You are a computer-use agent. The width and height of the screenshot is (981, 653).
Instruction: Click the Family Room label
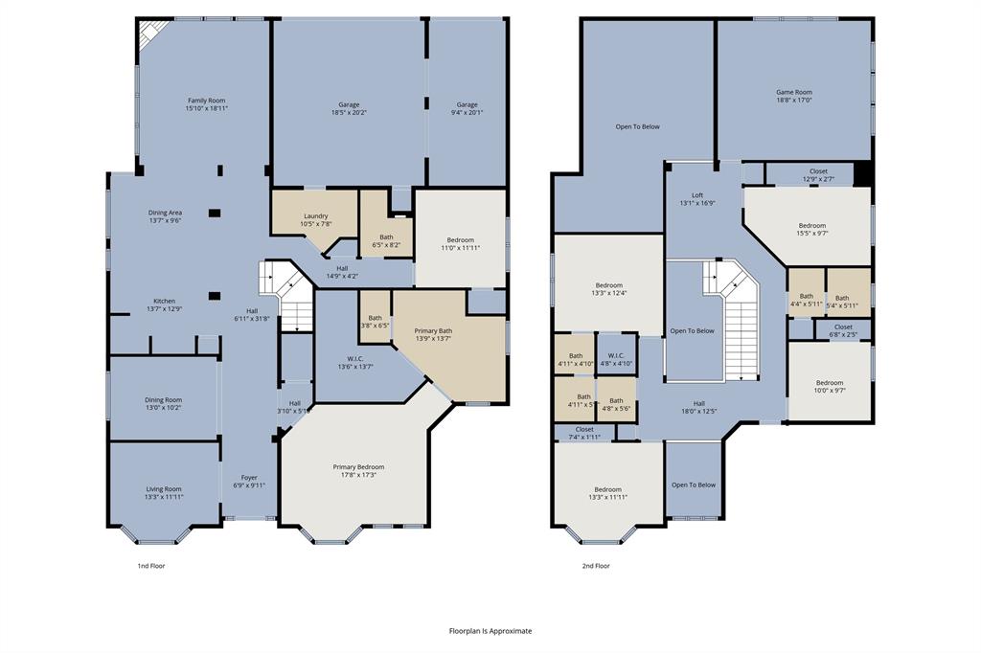click(x=206, y=104)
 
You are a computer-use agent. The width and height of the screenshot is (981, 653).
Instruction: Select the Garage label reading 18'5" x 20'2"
click(x=348, y=108)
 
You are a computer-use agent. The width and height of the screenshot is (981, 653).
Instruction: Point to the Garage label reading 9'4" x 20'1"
click(x=467, y=108)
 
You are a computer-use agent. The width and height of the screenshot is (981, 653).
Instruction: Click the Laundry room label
click(x=316, y=219)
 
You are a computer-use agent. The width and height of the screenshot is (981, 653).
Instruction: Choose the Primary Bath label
click(x=433, y=334)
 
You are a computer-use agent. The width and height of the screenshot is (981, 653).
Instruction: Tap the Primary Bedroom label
click(x=357, y=471)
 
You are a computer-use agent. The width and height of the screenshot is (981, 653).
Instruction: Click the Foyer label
click(x=249, y=481)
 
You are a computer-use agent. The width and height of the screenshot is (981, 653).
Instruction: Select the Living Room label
click(x=164, y=492)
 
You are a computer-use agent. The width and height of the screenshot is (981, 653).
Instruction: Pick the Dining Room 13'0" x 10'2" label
click(x=163, y=403)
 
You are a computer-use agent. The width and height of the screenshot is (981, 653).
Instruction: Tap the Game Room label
click(x=793, y=96)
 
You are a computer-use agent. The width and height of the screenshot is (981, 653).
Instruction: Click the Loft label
click(x=697, y=198)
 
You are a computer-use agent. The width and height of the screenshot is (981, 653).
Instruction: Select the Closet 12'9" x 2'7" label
click(x=818, y=174)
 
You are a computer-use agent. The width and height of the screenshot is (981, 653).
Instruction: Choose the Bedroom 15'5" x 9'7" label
click(x=812, y=229)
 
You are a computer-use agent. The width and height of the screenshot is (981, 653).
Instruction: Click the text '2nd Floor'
click(x=596, y=566)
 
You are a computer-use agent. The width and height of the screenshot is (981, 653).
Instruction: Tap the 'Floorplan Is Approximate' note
click(x=490, y=631)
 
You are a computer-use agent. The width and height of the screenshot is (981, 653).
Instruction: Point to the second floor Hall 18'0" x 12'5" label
click(x=699, y=407)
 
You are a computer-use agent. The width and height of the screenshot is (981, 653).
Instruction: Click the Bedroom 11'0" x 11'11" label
click(x=460, y=243)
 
